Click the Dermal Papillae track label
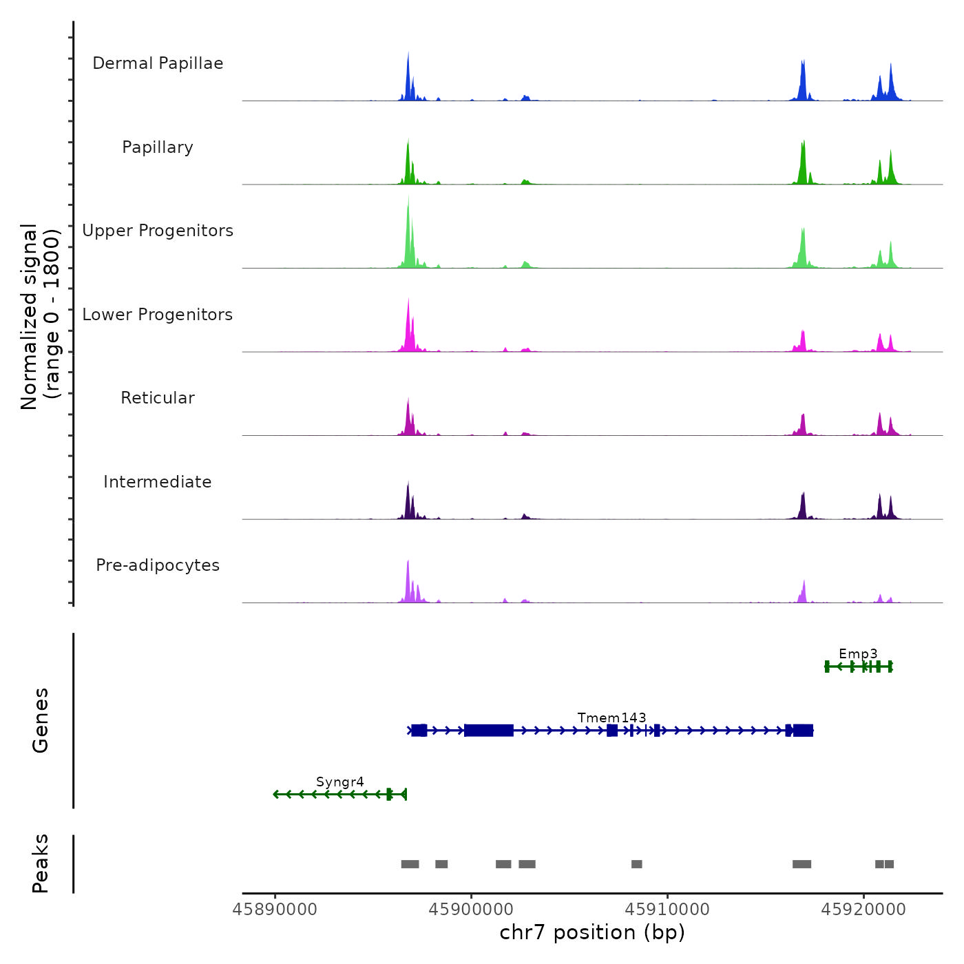pyautogui.click(x=158, y=63)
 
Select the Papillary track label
pyautogui.click(x=158, y=147)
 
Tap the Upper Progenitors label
pyautogui.click(x=158, y=231)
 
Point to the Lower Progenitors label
pyautogui.click(x=158, y=315)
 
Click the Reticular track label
pyautogui.click(x=158, y=398)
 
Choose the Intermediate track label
pyautogui.click(x=158, y=482)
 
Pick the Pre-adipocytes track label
pyautogui.click(x=158, y=565)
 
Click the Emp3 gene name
pyautogui.click(x=858, y=653)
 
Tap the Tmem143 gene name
pyautogui.click(x=611, y=717)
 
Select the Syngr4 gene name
pyautogui.click(x=340, y=782)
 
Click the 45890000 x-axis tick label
pyautogui.click(x=275, y=909)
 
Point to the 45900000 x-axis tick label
pyautogui.click(x=471, y=909)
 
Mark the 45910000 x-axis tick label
pyautogui.click(x=667, y=909)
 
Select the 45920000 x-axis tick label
pyautogui.click(x=863, y=909)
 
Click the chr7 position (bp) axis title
pyautogui.click(x=592, y=932)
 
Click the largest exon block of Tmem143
pyautogui.click(x=489, y=730)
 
